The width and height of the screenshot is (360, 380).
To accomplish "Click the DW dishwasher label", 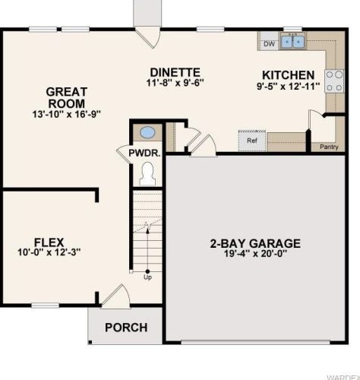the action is [x=269, y=44].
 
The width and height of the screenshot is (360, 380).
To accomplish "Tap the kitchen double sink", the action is [x=292, y=40].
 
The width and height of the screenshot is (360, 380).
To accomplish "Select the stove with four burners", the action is [x=334, y=81].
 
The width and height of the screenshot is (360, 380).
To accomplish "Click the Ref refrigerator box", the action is [x=252, y=141].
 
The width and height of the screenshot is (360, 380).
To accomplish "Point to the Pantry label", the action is [x=329, y=147].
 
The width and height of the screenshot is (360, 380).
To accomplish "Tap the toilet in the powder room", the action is [x=147, y=174].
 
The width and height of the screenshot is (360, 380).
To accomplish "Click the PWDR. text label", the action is [x=144, y=153].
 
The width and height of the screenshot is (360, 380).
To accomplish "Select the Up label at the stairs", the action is [x=147, y=277].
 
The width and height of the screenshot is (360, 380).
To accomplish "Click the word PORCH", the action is [x=126, y=328].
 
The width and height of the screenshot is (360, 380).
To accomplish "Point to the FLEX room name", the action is [x=49, y=242].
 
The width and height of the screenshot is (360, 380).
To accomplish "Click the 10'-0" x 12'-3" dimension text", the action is [x=49, y=252].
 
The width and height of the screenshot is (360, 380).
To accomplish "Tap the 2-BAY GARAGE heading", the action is [x=255, y=243].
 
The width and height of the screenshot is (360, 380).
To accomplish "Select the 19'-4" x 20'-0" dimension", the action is [x=255, y=253].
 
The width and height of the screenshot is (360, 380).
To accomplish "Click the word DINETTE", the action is [x=175, y=72].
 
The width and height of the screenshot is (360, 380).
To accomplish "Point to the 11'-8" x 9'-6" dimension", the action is [x=175, y=83].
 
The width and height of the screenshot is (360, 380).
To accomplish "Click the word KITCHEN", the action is [x=289, y=75].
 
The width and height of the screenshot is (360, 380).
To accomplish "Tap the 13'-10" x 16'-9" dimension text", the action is [x=67, y=114].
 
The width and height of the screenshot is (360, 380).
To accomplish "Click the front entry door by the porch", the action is [x=115, y=296].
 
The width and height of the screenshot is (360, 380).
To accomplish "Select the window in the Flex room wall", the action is [x=46, y=306].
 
